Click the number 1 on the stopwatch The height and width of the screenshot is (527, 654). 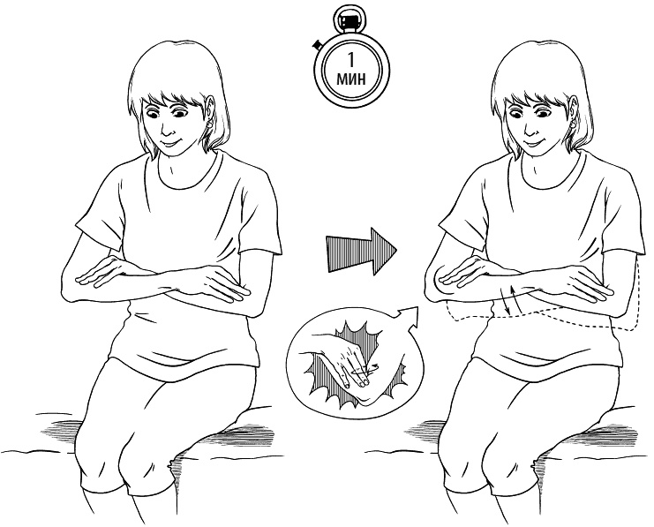350,59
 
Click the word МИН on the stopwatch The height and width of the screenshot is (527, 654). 350,78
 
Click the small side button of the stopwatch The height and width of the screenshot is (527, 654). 319,44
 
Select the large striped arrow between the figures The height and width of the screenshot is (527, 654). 361,252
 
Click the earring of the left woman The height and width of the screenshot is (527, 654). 209,124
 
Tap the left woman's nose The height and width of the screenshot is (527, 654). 166,130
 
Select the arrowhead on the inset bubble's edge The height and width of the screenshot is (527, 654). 409,316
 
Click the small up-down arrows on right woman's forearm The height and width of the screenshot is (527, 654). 510,298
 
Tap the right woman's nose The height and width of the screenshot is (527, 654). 529,130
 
